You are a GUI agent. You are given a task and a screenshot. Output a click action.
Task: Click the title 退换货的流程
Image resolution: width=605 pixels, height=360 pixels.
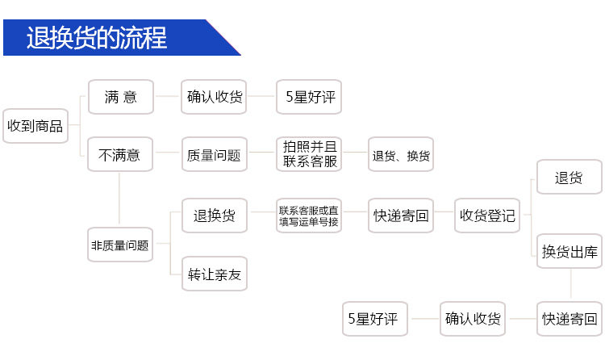coord(97,38)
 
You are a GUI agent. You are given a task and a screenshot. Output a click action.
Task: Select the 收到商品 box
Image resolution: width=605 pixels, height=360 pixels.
coord(35,126)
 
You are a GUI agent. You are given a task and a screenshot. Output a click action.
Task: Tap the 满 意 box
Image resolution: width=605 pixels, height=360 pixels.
coord(120,97)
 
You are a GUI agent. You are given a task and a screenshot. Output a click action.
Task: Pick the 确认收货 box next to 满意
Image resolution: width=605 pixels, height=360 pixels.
coord(214,97)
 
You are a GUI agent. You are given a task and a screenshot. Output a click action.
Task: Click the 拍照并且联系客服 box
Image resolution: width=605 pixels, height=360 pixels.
coord(309,154)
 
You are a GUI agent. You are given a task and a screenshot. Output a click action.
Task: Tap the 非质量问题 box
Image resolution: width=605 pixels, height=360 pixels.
coord(119,245)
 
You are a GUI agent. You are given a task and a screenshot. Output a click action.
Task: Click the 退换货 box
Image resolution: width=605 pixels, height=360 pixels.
coord(214,216)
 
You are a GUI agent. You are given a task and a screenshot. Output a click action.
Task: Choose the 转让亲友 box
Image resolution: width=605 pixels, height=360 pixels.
coord(214,274)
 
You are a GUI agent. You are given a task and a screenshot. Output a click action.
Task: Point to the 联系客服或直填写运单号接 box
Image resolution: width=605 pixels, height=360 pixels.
coord(309,216)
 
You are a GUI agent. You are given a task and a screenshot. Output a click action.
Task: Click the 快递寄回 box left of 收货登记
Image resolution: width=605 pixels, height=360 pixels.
coord(401,216)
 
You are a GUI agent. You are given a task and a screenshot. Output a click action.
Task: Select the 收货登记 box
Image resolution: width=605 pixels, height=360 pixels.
coord(487,216)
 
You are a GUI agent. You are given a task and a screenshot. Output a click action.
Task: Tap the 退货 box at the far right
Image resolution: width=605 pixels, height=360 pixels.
coord(569,178)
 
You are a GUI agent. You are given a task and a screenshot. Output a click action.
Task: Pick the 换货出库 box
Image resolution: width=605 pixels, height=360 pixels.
coord(570,252)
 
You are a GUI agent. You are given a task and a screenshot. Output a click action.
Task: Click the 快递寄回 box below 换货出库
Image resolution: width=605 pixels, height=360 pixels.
coord(570,319)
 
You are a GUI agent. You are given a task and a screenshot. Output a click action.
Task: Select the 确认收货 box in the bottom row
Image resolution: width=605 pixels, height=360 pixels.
coord(473,319)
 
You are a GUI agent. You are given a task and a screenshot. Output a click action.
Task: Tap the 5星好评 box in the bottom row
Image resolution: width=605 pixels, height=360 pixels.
coord(376,319)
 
